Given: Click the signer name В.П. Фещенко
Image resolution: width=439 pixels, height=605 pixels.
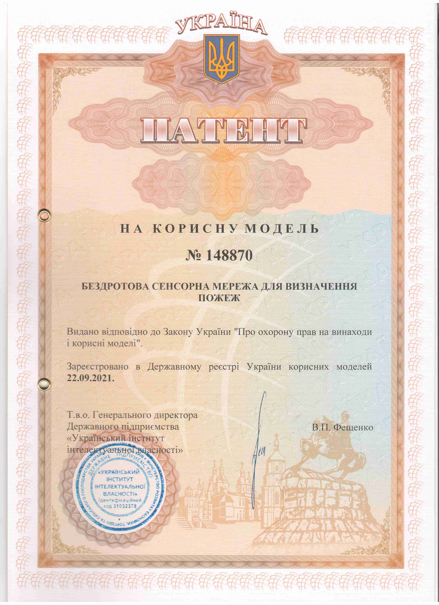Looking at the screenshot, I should pos(343,427).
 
